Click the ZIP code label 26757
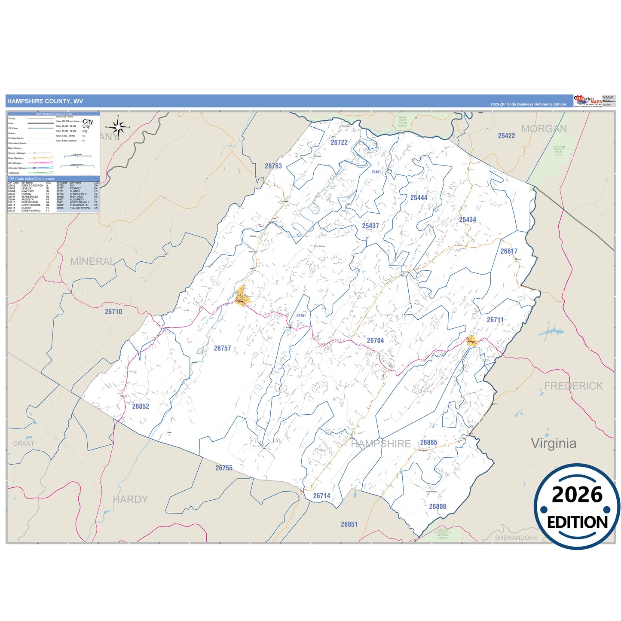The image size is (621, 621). (x=223, y=349)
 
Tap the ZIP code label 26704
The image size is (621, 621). (x=375, y=340)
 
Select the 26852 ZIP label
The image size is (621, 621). (x=141, y=407)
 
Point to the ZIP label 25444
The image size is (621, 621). (x=419, y=198)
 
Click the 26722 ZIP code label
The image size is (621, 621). (x=339, y=143)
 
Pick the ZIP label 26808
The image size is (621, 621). (x=437, y=507)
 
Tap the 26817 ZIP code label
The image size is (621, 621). (x=509, y=251)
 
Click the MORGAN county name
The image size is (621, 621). (x=544, y=129)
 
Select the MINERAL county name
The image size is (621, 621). (x=92, y=261)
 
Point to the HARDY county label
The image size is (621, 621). (x=130, y=499)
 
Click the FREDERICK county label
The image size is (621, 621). (x=573, y=386)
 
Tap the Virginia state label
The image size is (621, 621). (x=554, y=443)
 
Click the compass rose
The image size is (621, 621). (x=118, y=127)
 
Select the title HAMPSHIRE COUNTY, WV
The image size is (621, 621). (x=45, y=101)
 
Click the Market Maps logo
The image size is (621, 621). (x=588, y=101)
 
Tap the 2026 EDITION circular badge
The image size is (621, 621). (x=577, y=507)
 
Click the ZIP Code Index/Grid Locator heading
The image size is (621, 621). (x=31, y=179)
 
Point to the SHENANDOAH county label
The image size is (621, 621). (x=516, y=538)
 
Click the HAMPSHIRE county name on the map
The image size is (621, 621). (x=381, y=444)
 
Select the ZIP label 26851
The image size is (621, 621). (x=349, y=524)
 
